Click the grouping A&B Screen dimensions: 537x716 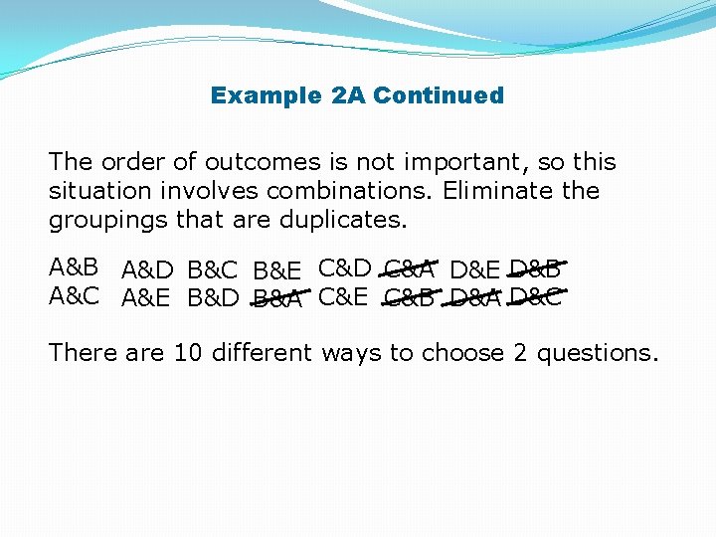coord(75,268)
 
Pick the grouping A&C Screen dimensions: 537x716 coord(75,295)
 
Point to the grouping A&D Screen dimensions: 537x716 coord(148,270)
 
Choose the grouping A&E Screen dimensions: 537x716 coord(148,298)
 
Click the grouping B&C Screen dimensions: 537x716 coord(214,270)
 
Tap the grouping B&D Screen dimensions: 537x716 coord(214,298)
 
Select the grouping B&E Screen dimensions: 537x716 coord(278,270)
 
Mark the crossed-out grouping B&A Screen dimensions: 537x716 coord(277,298)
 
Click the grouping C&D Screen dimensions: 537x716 coord(344,268)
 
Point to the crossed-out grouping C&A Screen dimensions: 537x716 coord(409,268)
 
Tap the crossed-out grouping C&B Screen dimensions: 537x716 coord(409,297)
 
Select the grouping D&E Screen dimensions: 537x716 coord(474,270)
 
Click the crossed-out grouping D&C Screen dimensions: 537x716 coord(535,295)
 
